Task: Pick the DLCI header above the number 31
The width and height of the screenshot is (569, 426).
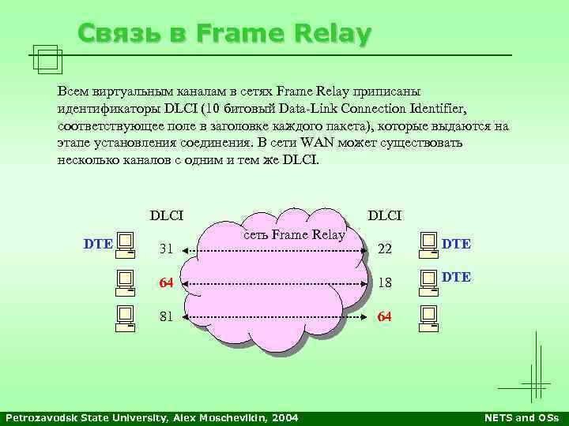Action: [x=167, y=215]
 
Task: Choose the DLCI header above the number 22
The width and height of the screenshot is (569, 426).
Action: [x=385, y=215]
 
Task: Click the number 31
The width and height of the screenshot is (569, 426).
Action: [x=166, y=249]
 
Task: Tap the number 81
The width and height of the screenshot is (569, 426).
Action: [x=166, y=317]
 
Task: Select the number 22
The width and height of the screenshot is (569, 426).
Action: [x=386, y=249]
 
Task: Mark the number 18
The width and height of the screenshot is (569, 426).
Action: [x=386, y=283]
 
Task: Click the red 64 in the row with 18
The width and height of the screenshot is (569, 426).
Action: [x=166, y=283]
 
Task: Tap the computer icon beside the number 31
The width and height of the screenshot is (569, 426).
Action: [x=125, y=246]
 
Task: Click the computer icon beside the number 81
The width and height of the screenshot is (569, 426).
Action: [x=125, y=314]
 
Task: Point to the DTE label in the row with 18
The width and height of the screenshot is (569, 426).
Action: [x=457, y=277]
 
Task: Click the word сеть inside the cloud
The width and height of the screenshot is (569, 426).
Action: [x=258, y=234]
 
